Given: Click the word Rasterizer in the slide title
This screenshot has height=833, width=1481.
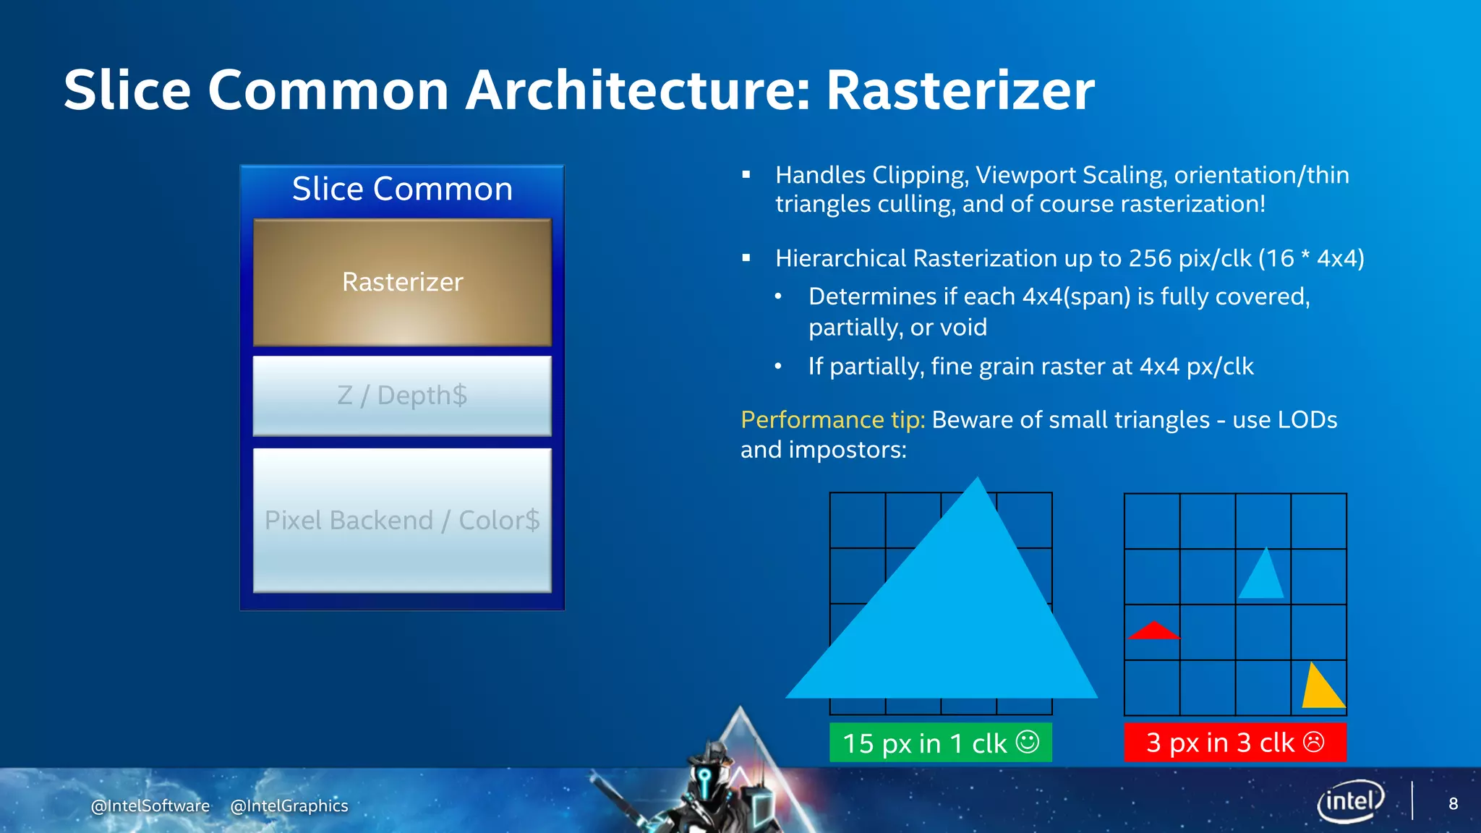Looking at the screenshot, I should point(960,90).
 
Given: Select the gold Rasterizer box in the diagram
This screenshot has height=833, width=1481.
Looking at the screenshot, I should point(402,283).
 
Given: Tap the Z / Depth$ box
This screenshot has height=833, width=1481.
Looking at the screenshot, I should point(402,396).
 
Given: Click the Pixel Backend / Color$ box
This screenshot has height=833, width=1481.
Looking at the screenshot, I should point(402,520).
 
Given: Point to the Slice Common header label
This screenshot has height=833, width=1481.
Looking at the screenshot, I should point(402,189).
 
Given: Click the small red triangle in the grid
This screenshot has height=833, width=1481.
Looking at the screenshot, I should point(1153,632).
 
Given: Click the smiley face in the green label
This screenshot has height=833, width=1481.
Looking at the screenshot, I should point(1027,742).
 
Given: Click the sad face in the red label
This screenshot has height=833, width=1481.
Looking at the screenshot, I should point(1313,742).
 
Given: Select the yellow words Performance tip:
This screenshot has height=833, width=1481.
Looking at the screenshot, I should point(832,420).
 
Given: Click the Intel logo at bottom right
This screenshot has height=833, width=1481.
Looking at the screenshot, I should point(1349,801).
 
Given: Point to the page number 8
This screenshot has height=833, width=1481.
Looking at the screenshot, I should point(1453,804).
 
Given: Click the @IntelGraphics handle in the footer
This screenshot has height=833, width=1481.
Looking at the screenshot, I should point(289,806).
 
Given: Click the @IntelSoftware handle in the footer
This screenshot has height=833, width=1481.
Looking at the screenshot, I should point(150,806).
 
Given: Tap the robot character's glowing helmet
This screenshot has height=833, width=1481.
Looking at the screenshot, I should point(705,777).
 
